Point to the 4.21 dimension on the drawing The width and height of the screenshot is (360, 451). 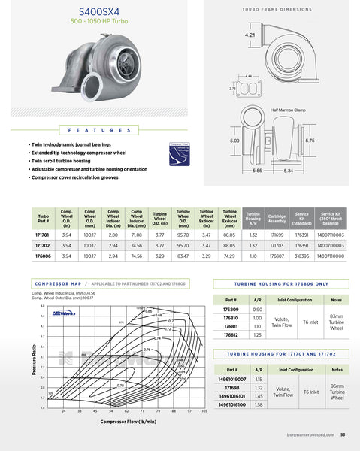coord(250,35)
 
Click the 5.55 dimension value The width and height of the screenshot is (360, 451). coord(257,171)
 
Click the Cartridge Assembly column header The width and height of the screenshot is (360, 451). coord(277,219)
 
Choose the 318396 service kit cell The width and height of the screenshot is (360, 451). coord(302,256)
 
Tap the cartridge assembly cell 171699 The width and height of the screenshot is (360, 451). coord(277,235)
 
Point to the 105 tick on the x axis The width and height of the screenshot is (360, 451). coord(204,412)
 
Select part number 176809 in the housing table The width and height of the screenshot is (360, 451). coord(231,310)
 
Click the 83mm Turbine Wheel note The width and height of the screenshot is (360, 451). coord(336,322)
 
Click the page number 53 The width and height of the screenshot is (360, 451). coord(342,434)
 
